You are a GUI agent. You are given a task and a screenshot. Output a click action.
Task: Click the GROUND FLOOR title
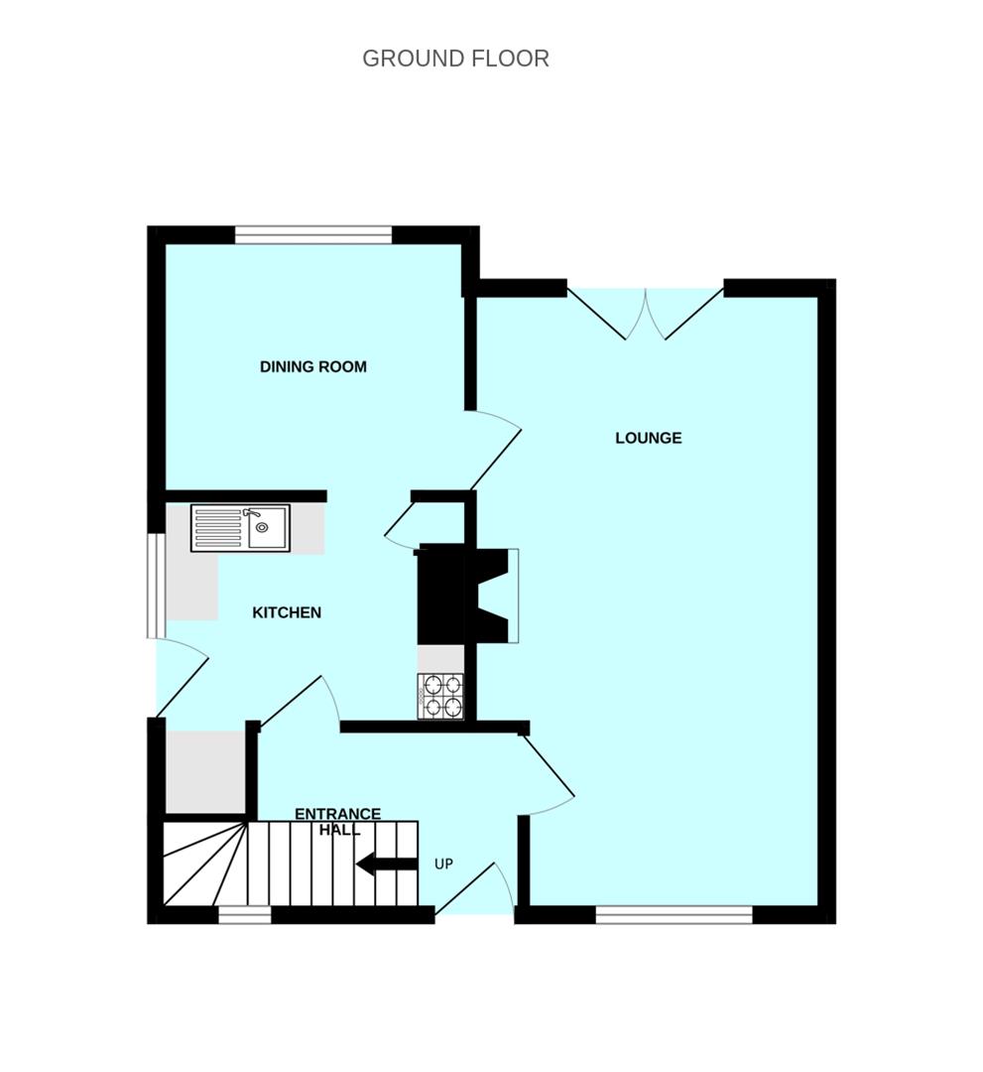click(x=455, y=59)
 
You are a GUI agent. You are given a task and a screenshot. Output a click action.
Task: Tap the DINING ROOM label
click(x=313, y=367)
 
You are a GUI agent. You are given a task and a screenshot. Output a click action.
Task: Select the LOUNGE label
click(x=649, y=439)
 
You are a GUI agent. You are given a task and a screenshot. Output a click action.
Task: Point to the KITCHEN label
click(x=287, y=612)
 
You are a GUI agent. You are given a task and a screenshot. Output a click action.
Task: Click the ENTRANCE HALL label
click(x=338, y=822)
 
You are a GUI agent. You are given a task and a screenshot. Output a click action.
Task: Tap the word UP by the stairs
click(x=444, y=865)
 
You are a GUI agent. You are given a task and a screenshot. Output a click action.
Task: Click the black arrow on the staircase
click(x=386, y=865)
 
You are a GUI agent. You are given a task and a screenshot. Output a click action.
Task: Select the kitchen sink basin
click(x=268, y=527)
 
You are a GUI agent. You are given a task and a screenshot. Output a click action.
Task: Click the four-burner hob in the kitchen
click(x=440, y=697)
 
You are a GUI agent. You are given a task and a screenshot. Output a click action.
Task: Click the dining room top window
click(x=313, y=235)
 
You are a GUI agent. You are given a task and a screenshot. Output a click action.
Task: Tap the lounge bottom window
click(x=675, y=915)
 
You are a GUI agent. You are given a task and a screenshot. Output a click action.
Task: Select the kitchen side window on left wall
click(x=157, y=586)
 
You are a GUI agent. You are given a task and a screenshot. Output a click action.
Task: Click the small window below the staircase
click(x=245, y=915)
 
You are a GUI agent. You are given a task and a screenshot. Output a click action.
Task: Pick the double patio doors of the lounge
click(x=645, y=314)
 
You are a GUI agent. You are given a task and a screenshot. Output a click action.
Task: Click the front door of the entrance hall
click(x=474, y=888)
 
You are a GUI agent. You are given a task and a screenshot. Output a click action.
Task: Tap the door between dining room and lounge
click(x=495, y=451)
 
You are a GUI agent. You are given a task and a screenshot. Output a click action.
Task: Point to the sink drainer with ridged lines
click(x=218, y=528)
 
